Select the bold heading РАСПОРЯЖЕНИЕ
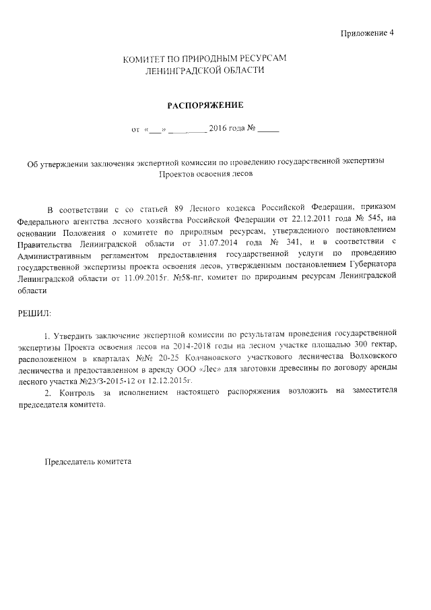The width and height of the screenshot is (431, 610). coord(204,105)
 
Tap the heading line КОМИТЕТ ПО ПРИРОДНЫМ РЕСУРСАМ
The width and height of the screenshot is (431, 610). coord(204,59)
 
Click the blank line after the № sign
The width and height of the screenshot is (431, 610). coord(267,129)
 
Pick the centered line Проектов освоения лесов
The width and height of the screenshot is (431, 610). coord(204,173)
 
